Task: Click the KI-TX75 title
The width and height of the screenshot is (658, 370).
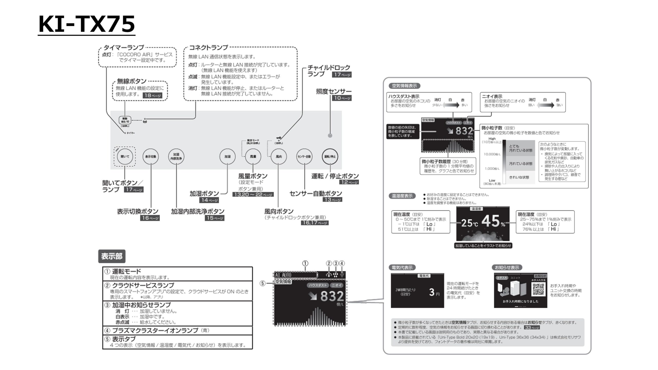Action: [87, 24]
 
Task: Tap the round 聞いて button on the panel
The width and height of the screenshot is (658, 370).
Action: [125, 156]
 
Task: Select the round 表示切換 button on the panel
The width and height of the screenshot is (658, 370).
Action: [151, 156]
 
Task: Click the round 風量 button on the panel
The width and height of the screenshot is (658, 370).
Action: [253, 156]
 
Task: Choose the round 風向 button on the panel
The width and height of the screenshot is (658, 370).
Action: [279, 156]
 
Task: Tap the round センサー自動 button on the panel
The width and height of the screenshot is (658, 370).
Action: [304, 156]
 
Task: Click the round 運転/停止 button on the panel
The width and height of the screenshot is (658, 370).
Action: [330, 156]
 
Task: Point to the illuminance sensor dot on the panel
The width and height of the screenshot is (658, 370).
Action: [330, 135]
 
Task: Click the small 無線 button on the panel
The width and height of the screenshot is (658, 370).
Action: [125, 120]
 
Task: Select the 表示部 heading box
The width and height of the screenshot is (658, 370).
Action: [112, 256]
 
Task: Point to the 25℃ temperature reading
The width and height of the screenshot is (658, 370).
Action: [469, 223]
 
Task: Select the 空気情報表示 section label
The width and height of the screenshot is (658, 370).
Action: [404, 86]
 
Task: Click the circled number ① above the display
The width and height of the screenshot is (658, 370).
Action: [305, 263]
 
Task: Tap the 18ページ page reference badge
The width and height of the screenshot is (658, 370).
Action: [153, 96]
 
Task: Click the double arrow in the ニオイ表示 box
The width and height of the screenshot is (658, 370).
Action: [545, 105]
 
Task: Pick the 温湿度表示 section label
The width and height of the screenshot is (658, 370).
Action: [402, 196]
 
